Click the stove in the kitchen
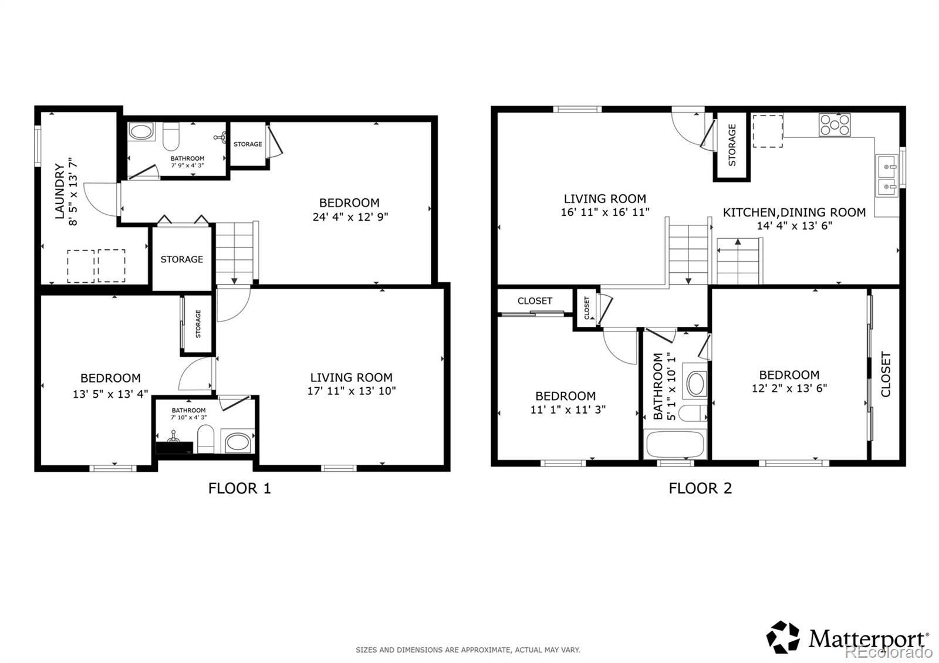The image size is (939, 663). click(835, 124)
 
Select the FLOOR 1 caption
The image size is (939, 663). click(239, 488)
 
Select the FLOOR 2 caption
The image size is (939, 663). click(700, 488)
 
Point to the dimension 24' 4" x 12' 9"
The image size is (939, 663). click(350, 217)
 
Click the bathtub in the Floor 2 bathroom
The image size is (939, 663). click(675, 445)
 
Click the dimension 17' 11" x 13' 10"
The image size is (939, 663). click(352, 391)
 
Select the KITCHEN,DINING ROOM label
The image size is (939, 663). click(794, 212)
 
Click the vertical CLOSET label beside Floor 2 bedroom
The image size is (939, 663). click(886, 374)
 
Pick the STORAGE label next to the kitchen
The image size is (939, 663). click(732, 145)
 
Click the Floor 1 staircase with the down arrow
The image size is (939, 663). click(235, 252)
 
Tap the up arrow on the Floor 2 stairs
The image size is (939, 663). click(738, 242)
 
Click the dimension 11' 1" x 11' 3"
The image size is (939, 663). click(568, 410)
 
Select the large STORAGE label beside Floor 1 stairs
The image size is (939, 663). click(182, 259)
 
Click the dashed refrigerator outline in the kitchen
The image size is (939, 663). click(768, 131)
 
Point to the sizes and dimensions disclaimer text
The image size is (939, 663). click(468, 650)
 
